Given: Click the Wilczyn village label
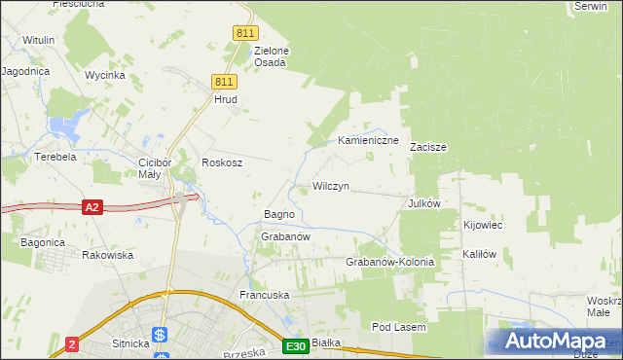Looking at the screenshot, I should click(x=330, y=186).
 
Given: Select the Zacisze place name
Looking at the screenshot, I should click(x=427, y=148).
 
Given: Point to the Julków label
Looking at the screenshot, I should click(x=425, y=203).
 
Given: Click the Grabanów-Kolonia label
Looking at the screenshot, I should click(x=389, y=263).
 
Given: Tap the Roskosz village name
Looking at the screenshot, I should click(x=221, y=162).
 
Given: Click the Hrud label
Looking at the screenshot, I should click(x=225, y=99).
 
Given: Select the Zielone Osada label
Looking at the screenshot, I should click(x=271, y=56).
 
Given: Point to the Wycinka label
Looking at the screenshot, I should click(x=104, y=75).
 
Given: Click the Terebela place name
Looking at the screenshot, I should click(x=55, y=157).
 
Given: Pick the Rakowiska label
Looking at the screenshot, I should click(x=107, y=255).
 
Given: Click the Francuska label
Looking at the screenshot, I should click(x=266, y=293).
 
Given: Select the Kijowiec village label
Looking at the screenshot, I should click(x=483, y=225).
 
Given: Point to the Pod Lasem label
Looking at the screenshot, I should click(x=399, y=328).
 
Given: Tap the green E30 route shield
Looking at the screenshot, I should click(x=296, y=345).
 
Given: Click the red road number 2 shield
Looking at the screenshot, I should click(x=72, y=344).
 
